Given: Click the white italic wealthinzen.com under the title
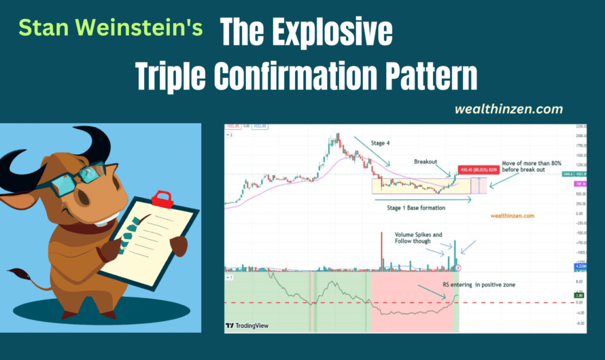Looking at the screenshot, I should click(x=510, y=109).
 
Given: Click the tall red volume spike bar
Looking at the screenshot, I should click(x=382, y=251).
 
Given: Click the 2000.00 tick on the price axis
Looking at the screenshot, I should click(x=578, y=136).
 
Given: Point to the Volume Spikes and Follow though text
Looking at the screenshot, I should click(x=417, y=238).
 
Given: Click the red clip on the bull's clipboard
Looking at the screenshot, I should click(x=162, y=199).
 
